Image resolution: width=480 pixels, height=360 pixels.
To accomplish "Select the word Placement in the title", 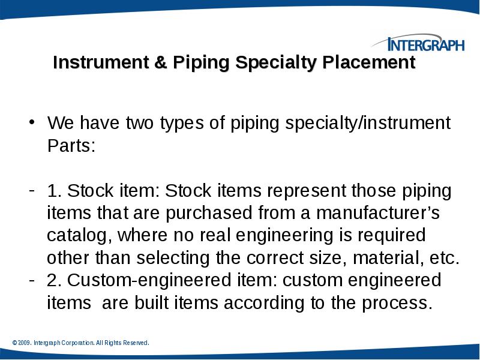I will click(x=369, y=63).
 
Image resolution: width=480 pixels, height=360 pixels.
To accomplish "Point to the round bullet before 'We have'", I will click(x=34, y=124).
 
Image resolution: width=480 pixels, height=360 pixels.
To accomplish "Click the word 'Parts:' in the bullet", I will click(x=71, y=146).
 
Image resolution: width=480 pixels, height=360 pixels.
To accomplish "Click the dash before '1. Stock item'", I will click(x=34, y=191).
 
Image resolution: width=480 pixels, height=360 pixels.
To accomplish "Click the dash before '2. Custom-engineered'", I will click(x=34, y=280).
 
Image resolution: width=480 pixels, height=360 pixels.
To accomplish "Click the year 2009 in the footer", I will click(x=24, y=343).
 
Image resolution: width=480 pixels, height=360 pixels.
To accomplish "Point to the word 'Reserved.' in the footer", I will click(x=136, y=343).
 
